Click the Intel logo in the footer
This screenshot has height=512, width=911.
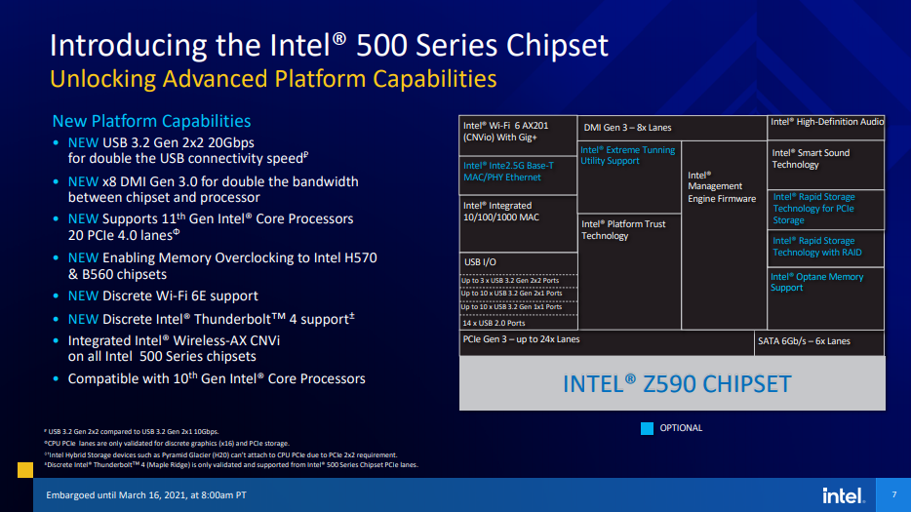click(842, 495)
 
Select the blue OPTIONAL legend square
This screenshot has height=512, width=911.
click(647, 427)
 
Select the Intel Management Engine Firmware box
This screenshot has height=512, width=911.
click(724, 234)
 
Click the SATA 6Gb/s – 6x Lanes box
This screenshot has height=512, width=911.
click(819, 341)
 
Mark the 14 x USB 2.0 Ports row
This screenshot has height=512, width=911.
click(518, 321)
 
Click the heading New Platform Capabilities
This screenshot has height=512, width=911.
click(151, 121)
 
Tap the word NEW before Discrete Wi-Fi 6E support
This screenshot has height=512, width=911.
click(83, 295)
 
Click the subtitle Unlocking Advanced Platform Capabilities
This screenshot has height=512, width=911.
click(273, 79)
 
